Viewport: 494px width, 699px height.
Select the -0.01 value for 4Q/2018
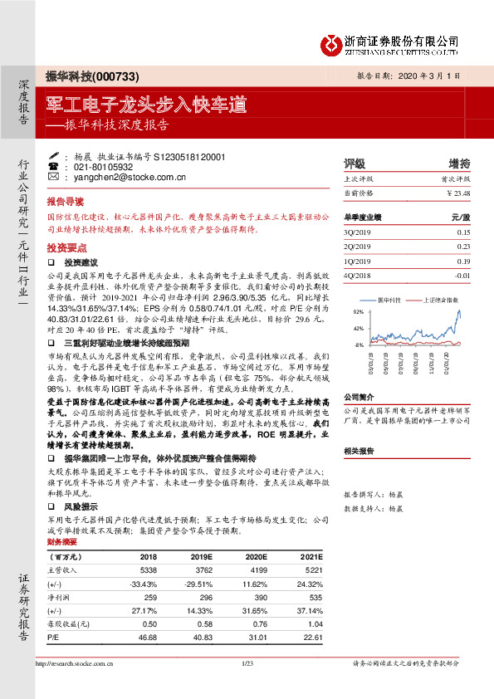462,274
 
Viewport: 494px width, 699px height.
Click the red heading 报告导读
65,202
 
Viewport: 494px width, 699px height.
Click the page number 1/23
247,663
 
